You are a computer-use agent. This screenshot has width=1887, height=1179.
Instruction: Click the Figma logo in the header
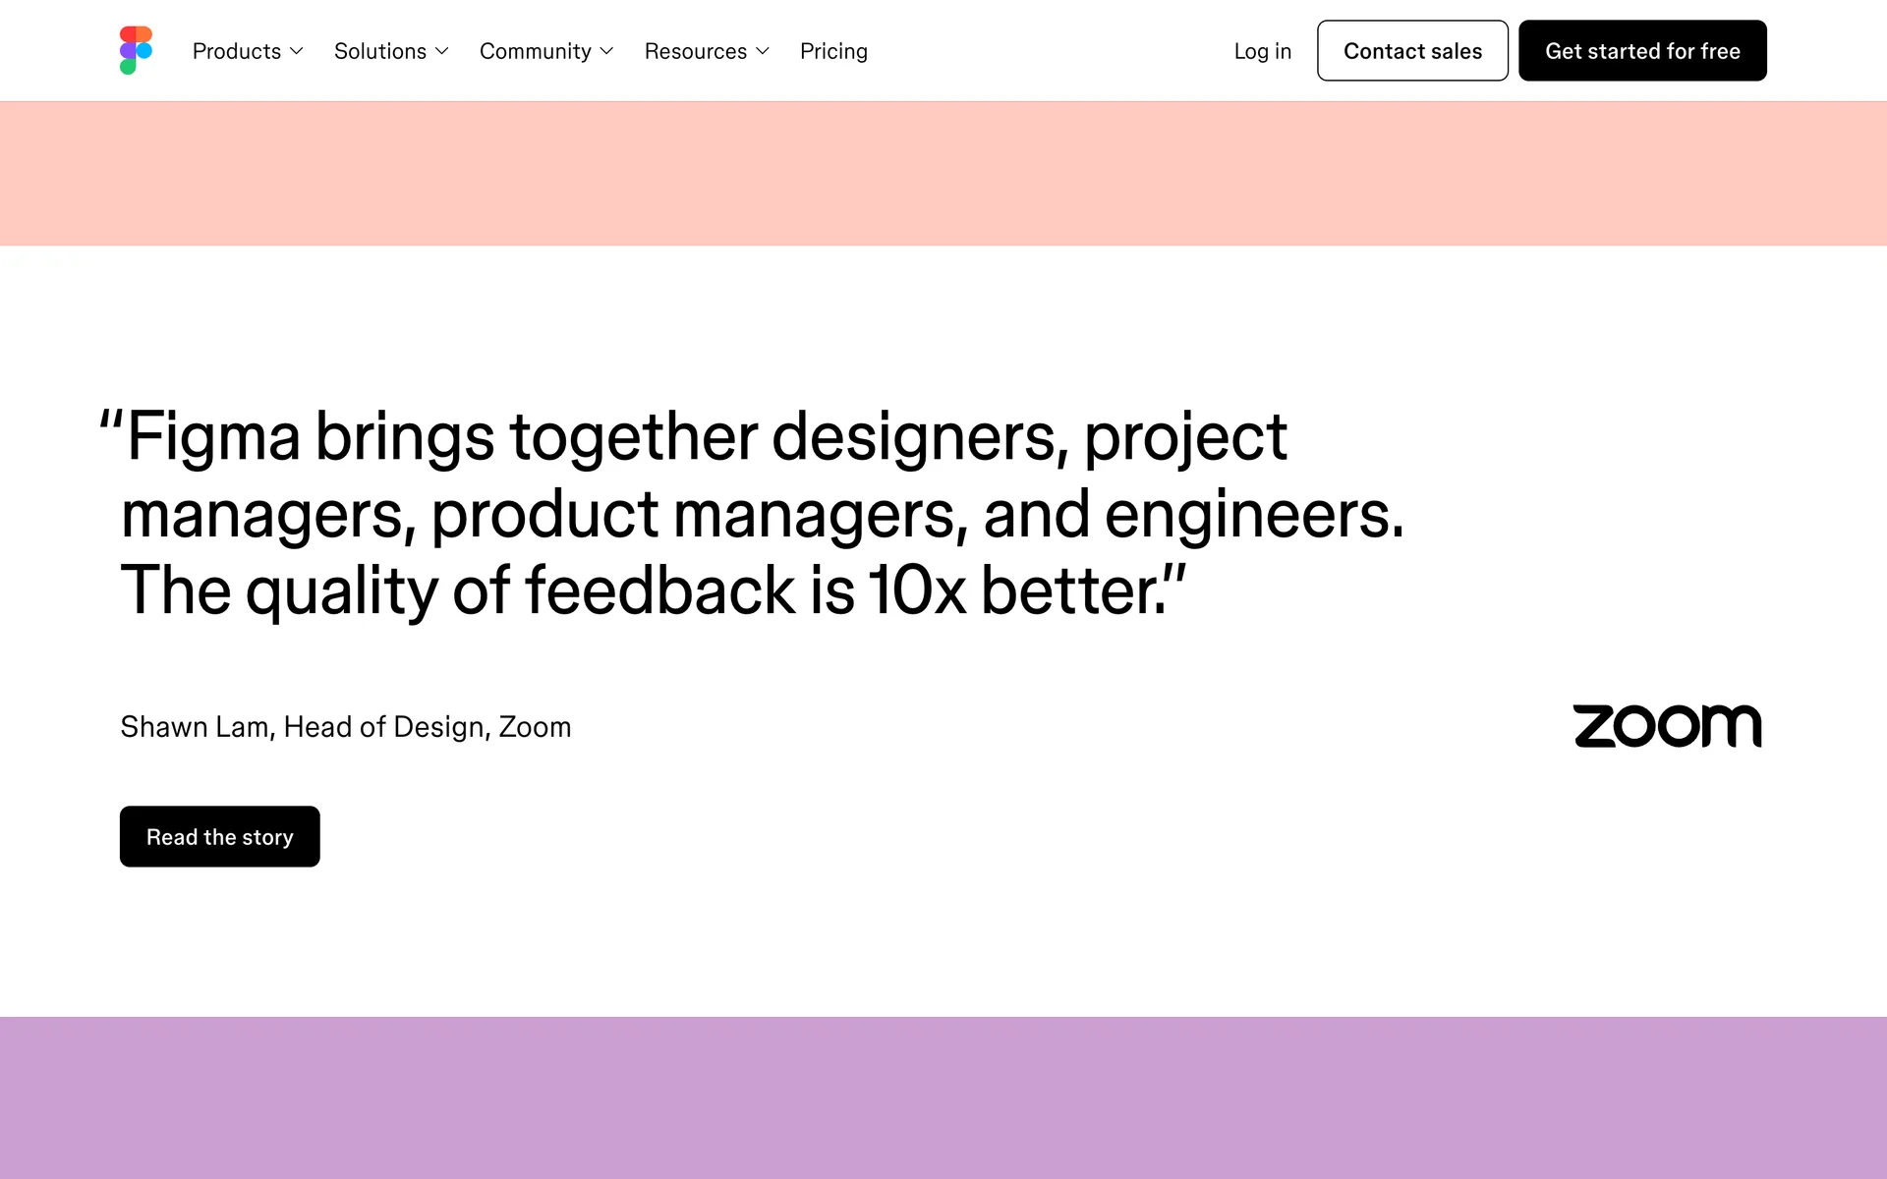[136, 50]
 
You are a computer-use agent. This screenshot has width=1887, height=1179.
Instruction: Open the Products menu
[248, 51]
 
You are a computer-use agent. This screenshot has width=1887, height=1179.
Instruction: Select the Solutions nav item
[391, 51]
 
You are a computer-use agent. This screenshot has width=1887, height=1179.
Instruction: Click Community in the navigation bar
[546, 51]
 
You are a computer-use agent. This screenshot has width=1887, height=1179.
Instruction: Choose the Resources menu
[707, 51]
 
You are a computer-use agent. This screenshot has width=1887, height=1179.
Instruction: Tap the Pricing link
[833, 51]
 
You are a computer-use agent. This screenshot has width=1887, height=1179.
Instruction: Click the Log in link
[1263, 51]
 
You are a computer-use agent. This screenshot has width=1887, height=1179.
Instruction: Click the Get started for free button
[1642, 50]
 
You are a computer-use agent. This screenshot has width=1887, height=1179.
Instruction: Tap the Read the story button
[220, 836]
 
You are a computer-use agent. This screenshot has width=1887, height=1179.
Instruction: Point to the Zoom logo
[1668, 726]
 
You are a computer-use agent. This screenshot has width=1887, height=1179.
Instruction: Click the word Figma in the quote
[213, 438]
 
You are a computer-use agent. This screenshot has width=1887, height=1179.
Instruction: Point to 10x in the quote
[917, 591]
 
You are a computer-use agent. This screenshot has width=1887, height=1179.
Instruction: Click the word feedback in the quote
[660, 590]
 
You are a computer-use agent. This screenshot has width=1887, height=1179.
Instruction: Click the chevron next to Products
[297, 51]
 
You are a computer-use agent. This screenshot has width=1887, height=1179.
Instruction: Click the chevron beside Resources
[763, 51]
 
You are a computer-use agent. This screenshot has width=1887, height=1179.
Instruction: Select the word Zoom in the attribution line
[535, 727]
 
